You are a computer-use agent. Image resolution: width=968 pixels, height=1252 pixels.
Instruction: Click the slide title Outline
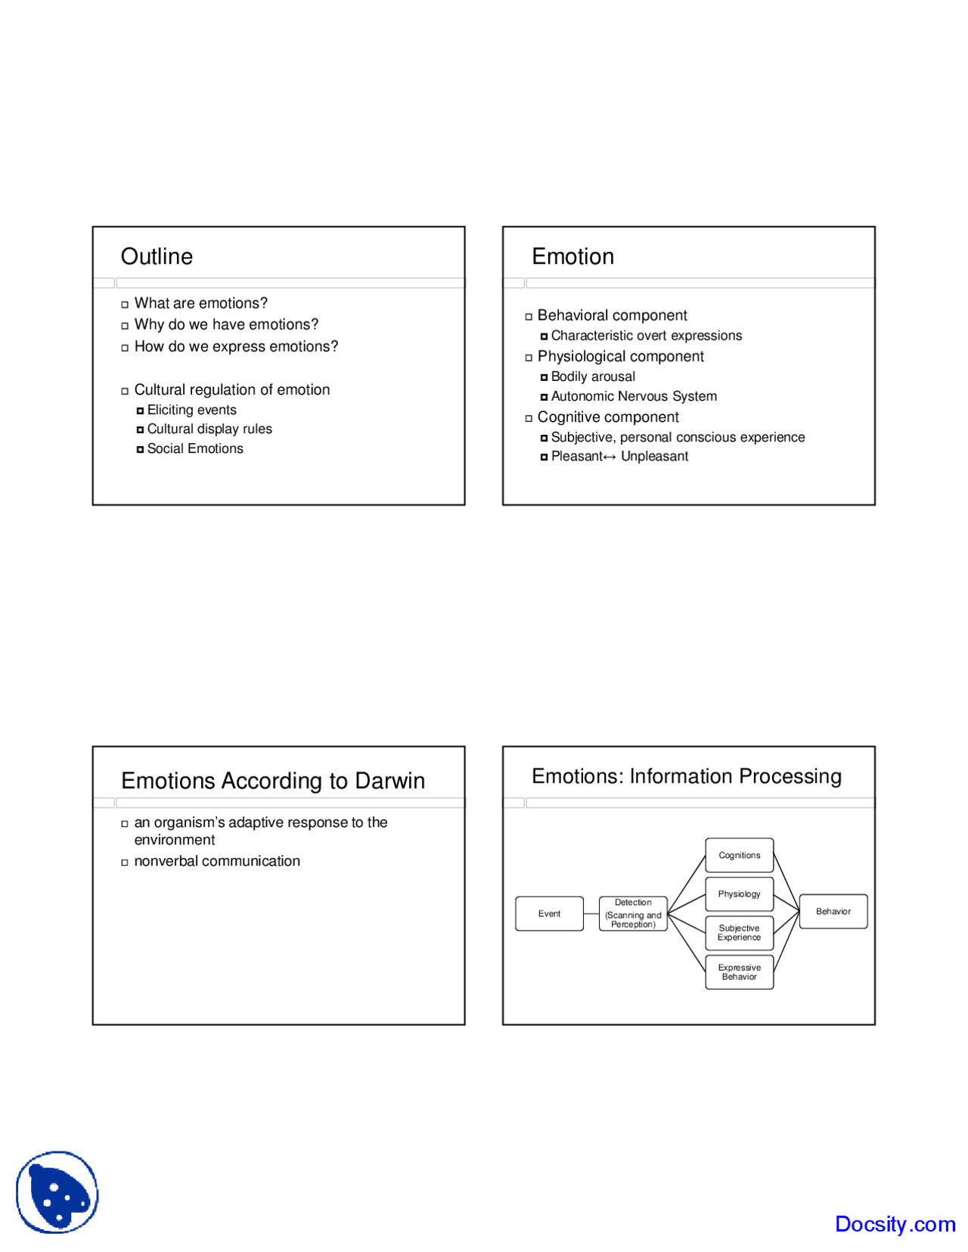pos(157,256)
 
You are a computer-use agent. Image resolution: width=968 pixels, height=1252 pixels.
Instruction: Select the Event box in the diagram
pos(549,913)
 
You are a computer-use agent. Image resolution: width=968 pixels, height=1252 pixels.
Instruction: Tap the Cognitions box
pos(740,855)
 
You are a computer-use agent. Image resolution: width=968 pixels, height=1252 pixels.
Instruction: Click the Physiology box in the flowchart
pos(740,894)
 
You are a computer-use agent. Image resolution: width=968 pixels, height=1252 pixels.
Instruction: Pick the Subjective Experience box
pos(740,933)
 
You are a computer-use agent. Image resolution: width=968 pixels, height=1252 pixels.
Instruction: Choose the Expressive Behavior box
pos(740,972)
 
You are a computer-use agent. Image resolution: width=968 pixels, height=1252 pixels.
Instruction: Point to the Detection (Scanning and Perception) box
pos(633,913)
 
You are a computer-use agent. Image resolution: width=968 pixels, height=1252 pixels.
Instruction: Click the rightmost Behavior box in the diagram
pos(833,911)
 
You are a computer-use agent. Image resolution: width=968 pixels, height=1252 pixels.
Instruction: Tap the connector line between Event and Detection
pos(591,913)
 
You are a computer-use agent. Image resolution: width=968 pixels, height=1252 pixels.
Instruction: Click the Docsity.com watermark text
pos(895,1224)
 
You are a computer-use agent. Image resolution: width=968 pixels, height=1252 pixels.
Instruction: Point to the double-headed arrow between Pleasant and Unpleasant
pos(610,457)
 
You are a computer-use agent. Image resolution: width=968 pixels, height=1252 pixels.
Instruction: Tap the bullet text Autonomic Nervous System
pos(634,396)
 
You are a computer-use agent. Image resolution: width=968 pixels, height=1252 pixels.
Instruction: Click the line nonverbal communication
pos(217,861)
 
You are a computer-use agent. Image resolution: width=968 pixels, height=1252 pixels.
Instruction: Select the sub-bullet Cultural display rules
pos(209,429)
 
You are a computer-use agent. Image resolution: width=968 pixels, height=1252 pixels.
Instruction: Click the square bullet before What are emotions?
pos(125,304)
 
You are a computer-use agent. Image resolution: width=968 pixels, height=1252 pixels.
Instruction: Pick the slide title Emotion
pos(572,256)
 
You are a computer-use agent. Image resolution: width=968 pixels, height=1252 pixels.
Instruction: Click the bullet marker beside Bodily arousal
pos(544,377)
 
